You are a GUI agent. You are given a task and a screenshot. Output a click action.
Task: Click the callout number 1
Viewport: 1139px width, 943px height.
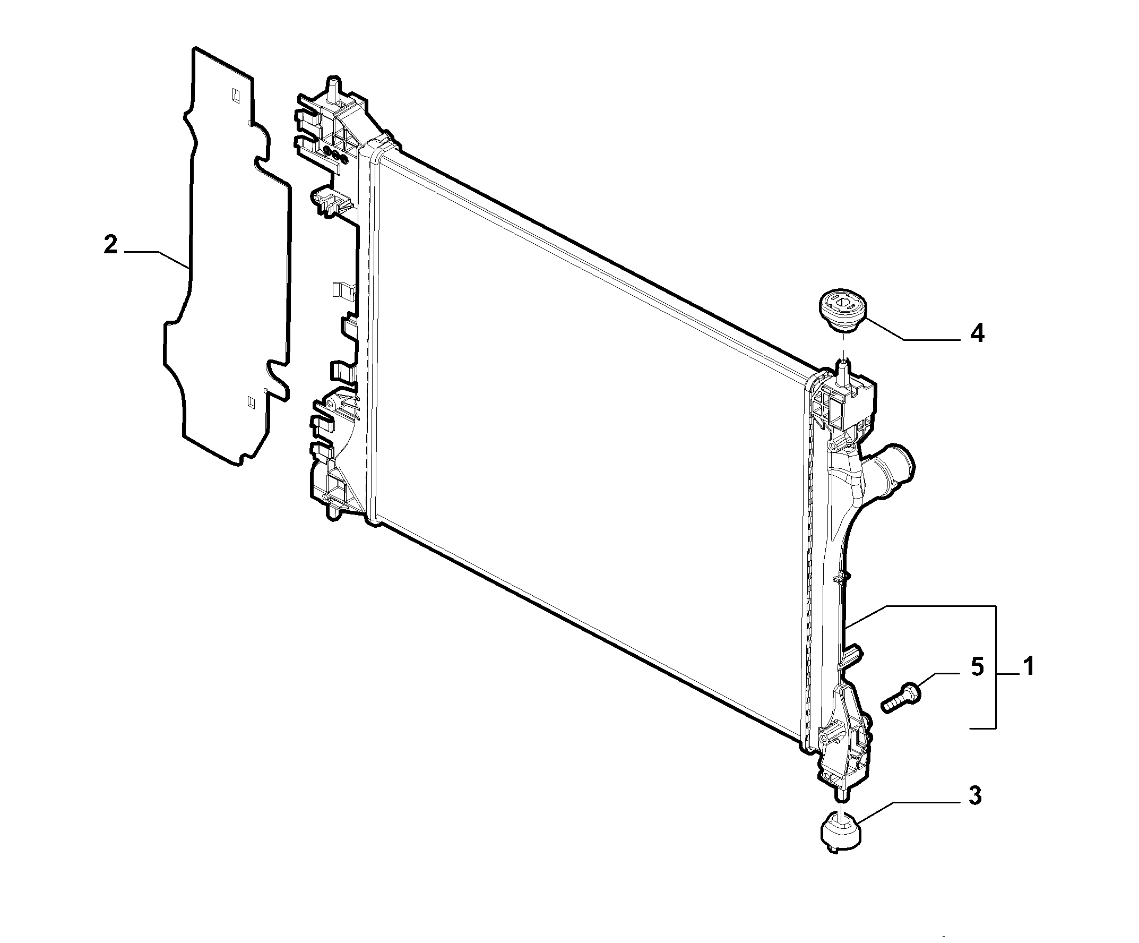[1029, 666]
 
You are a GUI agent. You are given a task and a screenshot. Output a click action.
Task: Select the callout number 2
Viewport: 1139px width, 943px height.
[110, 245]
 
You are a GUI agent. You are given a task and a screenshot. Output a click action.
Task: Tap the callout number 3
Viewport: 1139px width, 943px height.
[975, 796]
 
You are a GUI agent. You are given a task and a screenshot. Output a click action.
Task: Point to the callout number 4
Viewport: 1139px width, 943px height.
[977, 333]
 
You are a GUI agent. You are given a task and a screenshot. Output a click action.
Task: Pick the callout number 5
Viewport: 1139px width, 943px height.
[977, 667]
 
